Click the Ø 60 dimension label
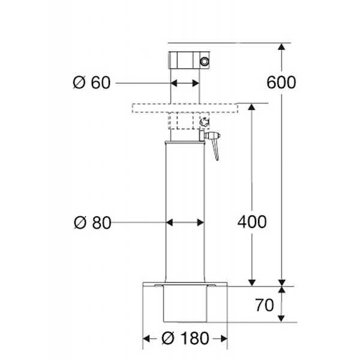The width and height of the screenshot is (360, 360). [92, 82]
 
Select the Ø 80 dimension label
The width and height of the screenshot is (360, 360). [92, 223]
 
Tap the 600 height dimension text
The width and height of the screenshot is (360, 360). [281, 82]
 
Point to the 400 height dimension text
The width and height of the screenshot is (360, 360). [252, 222]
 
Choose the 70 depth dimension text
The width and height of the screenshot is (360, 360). [265, 305]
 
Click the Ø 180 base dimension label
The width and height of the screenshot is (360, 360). [185, 338]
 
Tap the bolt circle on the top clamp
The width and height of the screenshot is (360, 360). [204, 61]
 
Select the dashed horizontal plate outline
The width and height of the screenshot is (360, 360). [185, 108]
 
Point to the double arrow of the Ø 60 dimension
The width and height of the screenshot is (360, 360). [185, 83]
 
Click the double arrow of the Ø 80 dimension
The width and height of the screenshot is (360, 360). [185, 223]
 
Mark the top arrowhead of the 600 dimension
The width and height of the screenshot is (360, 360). [281, 47]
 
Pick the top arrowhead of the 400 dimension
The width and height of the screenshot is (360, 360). [252, 107]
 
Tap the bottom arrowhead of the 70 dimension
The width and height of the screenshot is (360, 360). [281, 319]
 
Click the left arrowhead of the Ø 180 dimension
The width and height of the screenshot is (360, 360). [146, 338]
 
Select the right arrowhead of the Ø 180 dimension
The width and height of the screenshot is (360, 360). [224, 338]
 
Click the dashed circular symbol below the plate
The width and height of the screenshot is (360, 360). [204, 122]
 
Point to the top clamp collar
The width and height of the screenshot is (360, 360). [189, 60]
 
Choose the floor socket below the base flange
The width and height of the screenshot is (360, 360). [185, 304]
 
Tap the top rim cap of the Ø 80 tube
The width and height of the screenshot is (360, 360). [185, 143]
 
